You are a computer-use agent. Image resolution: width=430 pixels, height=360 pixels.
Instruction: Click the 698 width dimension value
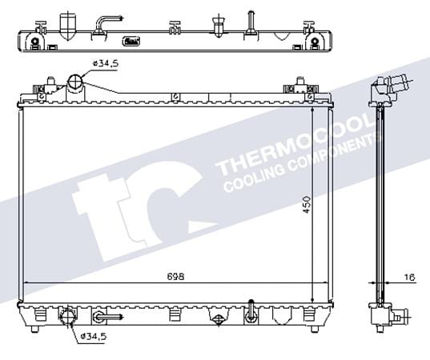[x=176, y=277]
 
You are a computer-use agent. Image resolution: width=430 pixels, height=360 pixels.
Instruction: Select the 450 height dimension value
[x=307, y=206]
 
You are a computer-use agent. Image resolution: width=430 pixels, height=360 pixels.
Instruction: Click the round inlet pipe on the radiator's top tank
[x=75, y=82]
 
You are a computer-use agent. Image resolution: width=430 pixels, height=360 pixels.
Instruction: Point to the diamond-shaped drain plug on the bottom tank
[x=217, y=317]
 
